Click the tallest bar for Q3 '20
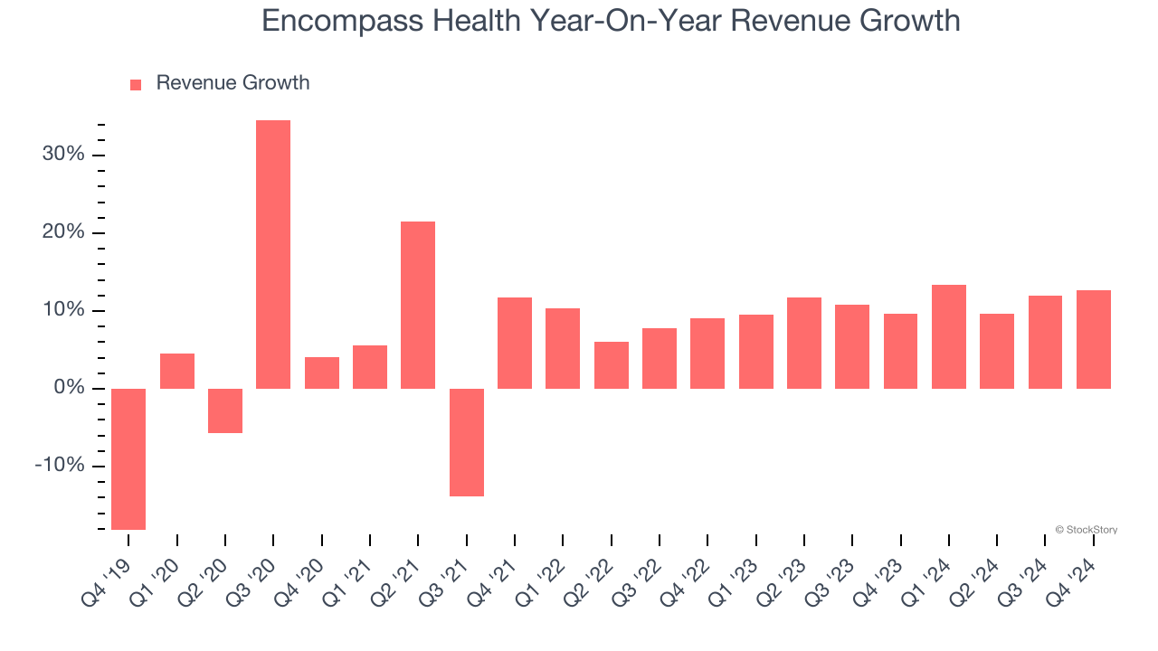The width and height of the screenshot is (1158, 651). tap(273, 254)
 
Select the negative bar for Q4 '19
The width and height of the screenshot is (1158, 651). tap(128, 458)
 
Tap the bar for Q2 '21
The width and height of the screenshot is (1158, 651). tap(418, 305)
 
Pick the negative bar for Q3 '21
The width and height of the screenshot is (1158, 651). tap(467, 442)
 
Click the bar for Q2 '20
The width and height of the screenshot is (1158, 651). tap(225, 410)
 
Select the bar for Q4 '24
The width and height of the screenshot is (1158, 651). tap(1094, 339)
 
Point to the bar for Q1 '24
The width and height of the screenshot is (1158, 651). tap(949, 336)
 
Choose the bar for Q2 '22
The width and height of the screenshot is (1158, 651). tap(612, 365)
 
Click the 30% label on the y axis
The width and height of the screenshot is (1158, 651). tap(63, 155)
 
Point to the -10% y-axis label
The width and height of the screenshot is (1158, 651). tap(60, 466)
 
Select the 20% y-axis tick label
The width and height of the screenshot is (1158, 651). tap(63, 232)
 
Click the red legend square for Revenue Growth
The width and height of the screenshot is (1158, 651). tap(136, 84)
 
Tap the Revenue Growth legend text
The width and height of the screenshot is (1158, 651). tap(233, 83)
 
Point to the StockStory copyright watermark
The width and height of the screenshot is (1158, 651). tap(1086, 530)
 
